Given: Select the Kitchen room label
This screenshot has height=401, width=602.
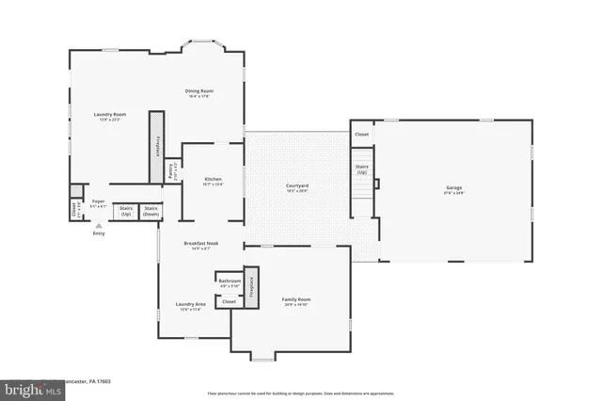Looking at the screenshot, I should [213, 181].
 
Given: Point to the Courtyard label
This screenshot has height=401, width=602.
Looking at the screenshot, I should [297, 186].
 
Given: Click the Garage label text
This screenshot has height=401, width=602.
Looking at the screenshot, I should [453, 189].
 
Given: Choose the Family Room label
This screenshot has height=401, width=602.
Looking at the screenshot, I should [296, 301].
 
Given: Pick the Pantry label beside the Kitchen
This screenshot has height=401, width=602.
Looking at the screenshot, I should [171, 172].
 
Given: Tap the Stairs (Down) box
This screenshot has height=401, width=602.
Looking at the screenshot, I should [150, 212].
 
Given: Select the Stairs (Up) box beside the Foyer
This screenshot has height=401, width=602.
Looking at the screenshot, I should [125, 212].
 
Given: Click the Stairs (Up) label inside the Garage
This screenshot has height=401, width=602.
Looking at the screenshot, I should [361, 170].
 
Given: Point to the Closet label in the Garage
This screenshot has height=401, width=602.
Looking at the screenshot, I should [361, 135].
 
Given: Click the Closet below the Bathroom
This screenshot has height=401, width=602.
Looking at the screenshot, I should [229, 302].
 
